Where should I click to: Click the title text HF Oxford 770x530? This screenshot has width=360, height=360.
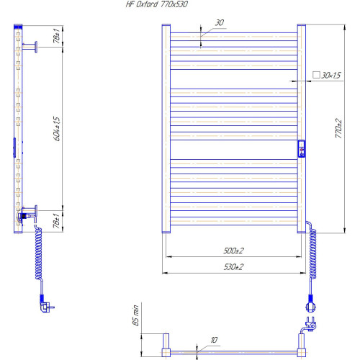(x=157, y=4)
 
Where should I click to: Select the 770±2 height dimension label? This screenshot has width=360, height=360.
(x=338, y=128)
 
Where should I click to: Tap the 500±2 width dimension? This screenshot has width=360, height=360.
(x=233, y=251)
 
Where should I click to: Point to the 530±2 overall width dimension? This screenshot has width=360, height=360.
(x=233, y=266)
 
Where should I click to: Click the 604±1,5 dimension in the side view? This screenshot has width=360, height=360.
(x=57, y=129)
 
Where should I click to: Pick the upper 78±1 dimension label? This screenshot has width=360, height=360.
(x=56, y=36)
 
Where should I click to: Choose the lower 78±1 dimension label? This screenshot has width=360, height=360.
(x=56, y=221)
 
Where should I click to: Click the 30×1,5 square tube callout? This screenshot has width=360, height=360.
(x=327, y=76)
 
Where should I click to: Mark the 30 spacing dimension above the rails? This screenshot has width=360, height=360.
(x=220, y=23)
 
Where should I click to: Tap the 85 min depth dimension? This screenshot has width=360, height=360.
(x=135, y=315)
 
